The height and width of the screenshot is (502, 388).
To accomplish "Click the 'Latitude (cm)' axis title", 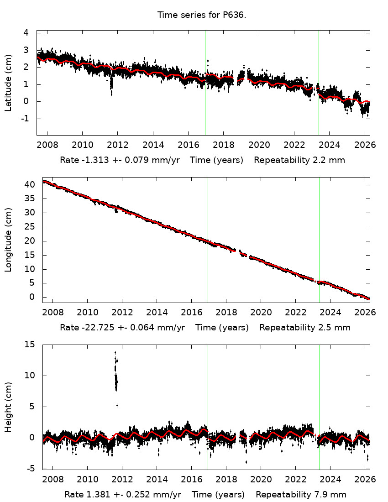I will point(8,83).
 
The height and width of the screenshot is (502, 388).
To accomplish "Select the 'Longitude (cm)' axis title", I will point(8,240).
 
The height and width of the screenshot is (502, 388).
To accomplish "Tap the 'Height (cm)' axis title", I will point(8,407).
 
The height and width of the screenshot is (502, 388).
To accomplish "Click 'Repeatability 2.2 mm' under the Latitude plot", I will point(299,160).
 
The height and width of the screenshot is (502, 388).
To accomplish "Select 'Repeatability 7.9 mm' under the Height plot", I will point(301,495).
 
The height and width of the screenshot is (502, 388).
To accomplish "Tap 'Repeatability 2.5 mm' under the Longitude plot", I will point(305,328).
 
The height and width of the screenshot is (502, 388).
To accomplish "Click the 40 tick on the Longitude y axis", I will point(31,184).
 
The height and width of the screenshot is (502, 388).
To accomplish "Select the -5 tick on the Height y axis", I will point(31,468).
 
